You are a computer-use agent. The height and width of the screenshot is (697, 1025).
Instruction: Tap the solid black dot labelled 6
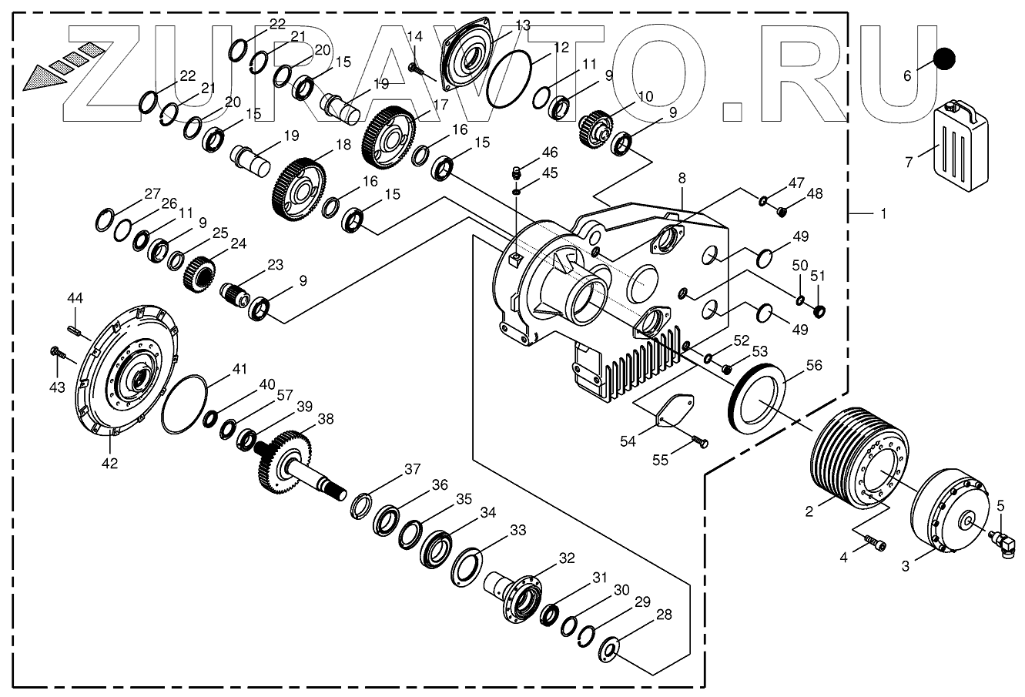944,59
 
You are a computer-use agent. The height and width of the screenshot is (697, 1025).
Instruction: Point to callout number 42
109,463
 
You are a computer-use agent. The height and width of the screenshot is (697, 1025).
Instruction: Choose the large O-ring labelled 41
185,404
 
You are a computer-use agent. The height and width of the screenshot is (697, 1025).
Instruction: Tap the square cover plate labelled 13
471,52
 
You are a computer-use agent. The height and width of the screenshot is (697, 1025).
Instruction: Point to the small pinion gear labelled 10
593,126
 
